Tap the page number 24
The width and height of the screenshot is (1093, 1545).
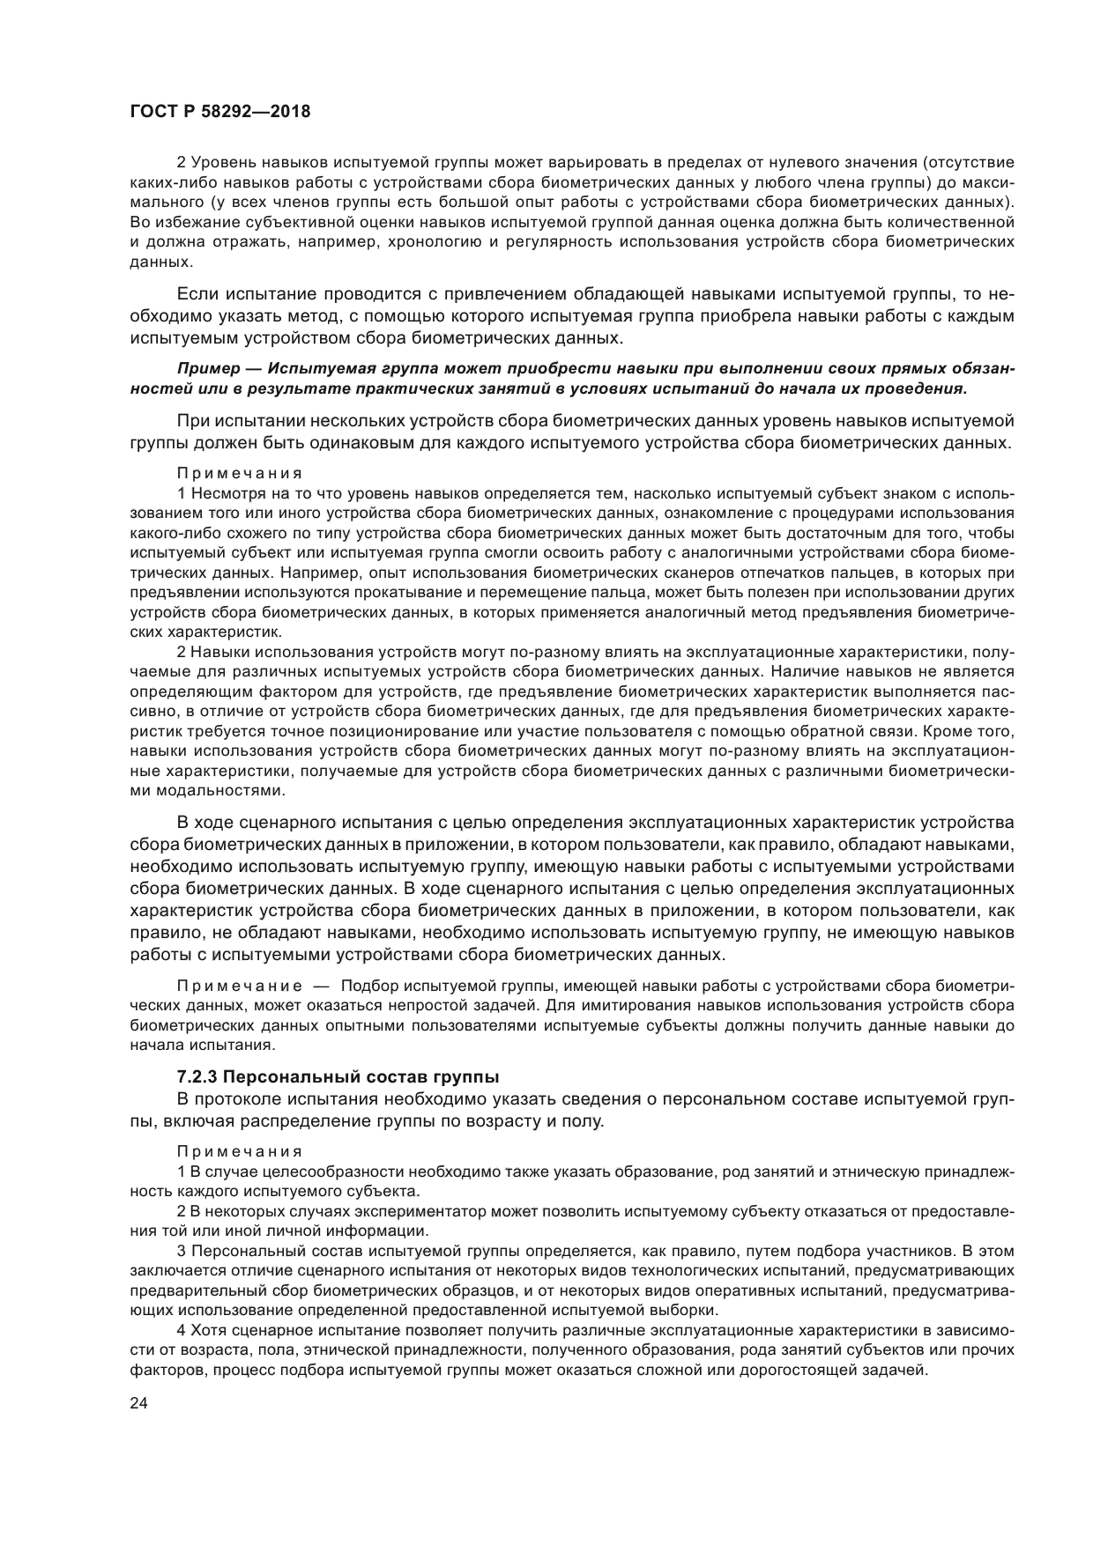pyautogui.click(x=138, y=1404)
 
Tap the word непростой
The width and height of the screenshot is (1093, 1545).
pyautogui.click(x=395, y=1005)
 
